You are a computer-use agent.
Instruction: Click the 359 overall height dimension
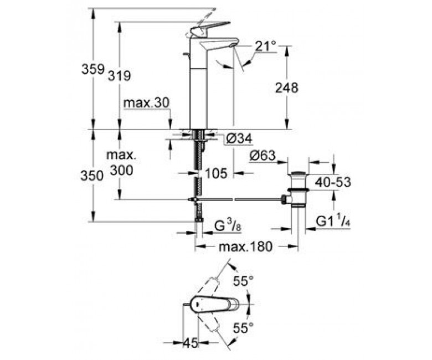click(93, 69)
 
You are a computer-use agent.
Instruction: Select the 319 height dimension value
click(119, 76)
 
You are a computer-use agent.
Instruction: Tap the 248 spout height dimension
click(287, 88)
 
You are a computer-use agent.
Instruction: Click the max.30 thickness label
click(147, 103)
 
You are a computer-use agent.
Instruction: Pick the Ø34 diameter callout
click(239, 138)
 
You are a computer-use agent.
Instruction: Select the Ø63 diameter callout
click(263, 156)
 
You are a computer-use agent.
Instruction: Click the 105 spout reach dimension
click(216, 173)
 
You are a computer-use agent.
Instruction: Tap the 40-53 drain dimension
click(333, 182)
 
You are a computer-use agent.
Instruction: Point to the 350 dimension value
click(92, 176)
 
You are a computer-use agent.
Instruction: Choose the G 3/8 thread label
click(228, 227)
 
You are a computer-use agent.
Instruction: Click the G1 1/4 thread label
click(333, 222)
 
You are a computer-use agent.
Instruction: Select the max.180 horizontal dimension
click(245, 246)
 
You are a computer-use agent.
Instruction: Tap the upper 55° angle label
click(243, 281)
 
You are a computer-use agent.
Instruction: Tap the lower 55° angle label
click(243, 328)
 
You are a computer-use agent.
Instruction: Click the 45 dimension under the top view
click(191, 343)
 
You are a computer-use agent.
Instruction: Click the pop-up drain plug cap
click(298, 173)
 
